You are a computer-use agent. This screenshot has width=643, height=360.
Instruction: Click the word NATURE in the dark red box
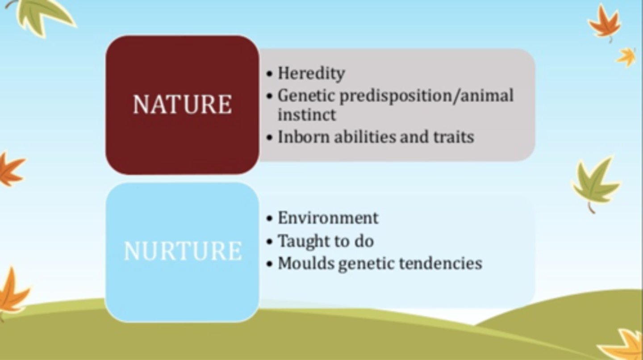pos(182,105)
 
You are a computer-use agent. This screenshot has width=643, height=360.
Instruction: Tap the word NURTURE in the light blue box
pos(182,251)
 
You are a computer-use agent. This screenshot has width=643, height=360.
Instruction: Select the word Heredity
pos(311,73)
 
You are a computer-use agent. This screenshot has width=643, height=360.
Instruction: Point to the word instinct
pos(307,115)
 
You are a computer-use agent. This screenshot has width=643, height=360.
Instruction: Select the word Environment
pos(328,218)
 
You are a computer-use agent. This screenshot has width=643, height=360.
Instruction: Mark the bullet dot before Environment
pos(269,218)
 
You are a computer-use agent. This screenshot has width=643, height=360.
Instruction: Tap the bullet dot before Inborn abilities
pos(269,137)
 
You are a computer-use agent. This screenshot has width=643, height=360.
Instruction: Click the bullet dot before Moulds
pos(269,264)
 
